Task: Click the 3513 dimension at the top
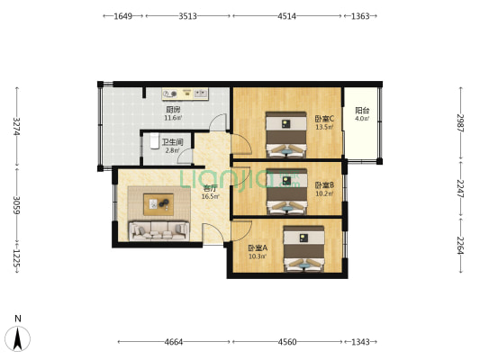[187, 16]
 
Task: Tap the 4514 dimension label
[287, 16]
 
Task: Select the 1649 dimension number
[122, 16]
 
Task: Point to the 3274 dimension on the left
[17, 126]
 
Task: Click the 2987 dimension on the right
[461, 123]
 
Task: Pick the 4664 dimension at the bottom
[174, 342]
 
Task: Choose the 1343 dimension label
[360, 342]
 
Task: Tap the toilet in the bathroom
[155, 141]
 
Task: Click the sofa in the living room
[158, 230]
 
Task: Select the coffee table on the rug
[158, 204]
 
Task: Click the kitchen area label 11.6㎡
[174, 118]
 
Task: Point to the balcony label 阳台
[362, 110]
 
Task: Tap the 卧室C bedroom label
[324, 119]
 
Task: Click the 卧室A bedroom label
[258, 248]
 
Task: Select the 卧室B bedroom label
[324, 185]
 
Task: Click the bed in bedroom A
[303, 249]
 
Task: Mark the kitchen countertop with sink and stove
[186, 94]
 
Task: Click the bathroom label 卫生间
[173, 142]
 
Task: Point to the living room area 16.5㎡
[211, 197]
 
